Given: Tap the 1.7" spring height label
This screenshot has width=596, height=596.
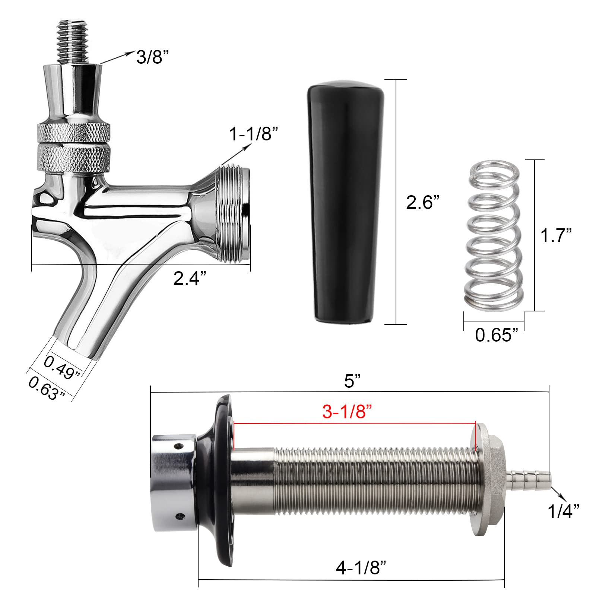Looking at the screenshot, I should pos(556,236).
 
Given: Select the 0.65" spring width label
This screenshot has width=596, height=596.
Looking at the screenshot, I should pos(497,335).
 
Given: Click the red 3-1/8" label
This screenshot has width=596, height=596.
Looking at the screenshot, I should pos(347,412).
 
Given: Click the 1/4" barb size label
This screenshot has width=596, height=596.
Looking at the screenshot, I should pos(563,512).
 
